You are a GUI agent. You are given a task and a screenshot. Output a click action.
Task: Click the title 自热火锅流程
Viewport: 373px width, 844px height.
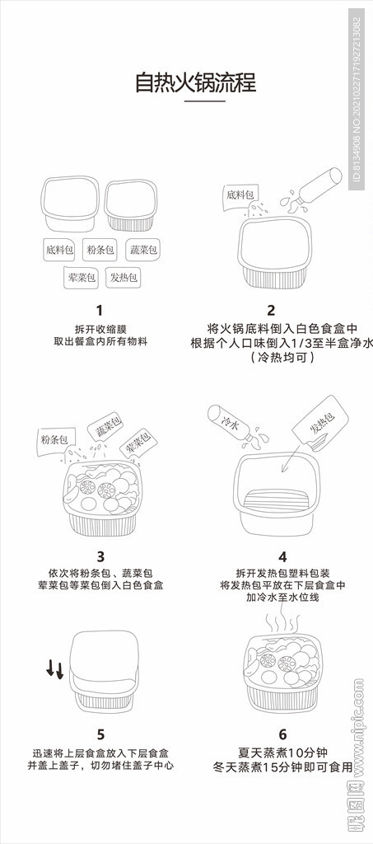195,82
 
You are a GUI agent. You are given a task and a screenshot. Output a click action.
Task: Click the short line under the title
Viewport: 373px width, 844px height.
204,101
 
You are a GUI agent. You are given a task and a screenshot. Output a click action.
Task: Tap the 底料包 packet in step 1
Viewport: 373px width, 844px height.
60,249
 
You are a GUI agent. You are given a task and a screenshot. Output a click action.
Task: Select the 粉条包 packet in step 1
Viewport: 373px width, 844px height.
100,249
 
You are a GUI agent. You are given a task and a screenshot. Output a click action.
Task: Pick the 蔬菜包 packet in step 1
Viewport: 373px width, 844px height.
142,249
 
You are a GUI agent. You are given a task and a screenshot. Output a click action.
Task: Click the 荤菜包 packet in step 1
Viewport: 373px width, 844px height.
81,278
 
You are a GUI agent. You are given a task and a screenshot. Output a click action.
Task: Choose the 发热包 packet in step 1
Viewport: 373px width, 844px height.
124,278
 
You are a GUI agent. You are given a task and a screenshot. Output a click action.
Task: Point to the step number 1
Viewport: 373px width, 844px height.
100,311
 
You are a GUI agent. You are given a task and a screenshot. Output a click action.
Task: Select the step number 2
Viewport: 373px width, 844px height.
271,311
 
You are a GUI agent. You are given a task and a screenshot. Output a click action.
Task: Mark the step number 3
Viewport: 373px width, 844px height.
100,556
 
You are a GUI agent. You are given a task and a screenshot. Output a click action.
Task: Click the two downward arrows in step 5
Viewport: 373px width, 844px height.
54,668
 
